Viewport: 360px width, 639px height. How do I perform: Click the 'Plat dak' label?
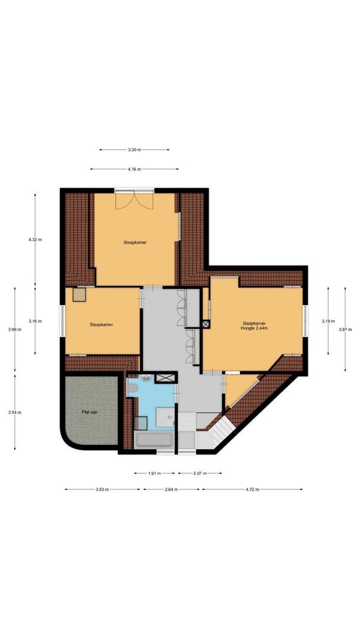click(x=90, y=412)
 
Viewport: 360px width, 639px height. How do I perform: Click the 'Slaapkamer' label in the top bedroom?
click(x=135, y=243)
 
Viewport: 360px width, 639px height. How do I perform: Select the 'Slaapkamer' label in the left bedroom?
click(x=101, y=324)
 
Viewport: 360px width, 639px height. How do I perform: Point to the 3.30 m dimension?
click(x=134, y=150)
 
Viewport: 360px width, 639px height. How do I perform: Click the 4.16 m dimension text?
click(x=134, y=169)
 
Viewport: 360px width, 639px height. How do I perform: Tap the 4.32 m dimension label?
click(x=35, y=240)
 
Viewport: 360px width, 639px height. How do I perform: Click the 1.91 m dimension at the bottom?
click(x=154, y=473)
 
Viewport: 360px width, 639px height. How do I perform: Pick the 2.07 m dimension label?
click(x=200, y=473)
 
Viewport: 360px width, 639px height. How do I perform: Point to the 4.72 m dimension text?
click(x=253, y=489)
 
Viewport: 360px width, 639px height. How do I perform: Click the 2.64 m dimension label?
click(x=171, y=489)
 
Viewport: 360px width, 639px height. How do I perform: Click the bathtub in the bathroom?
click(x=154, y=440)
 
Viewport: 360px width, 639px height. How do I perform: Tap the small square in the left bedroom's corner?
click(x=79, y=294)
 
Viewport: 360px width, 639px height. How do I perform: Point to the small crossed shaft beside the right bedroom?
click(x=205, y=324)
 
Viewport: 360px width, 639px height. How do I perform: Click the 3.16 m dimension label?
click(x=35, y=321)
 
